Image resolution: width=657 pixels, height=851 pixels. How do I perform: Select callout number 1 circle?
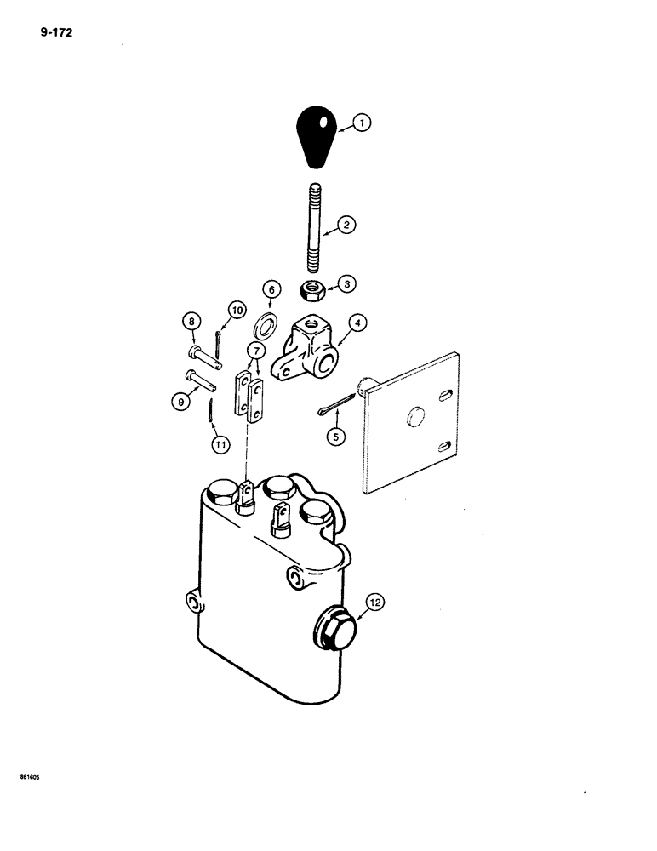pyautogui.click(x=362, y=124)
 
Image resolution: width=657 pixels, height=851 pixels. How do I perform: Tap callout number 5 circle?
pyautogui.click(x=337, y=434)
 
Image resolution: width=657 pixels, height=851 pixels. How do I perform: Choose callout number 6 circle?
pyautogui.click(x=271, y=289)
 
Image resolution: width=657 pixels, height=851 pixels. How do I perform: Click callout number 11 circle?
pyautogui.click(x=220, y=443)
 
